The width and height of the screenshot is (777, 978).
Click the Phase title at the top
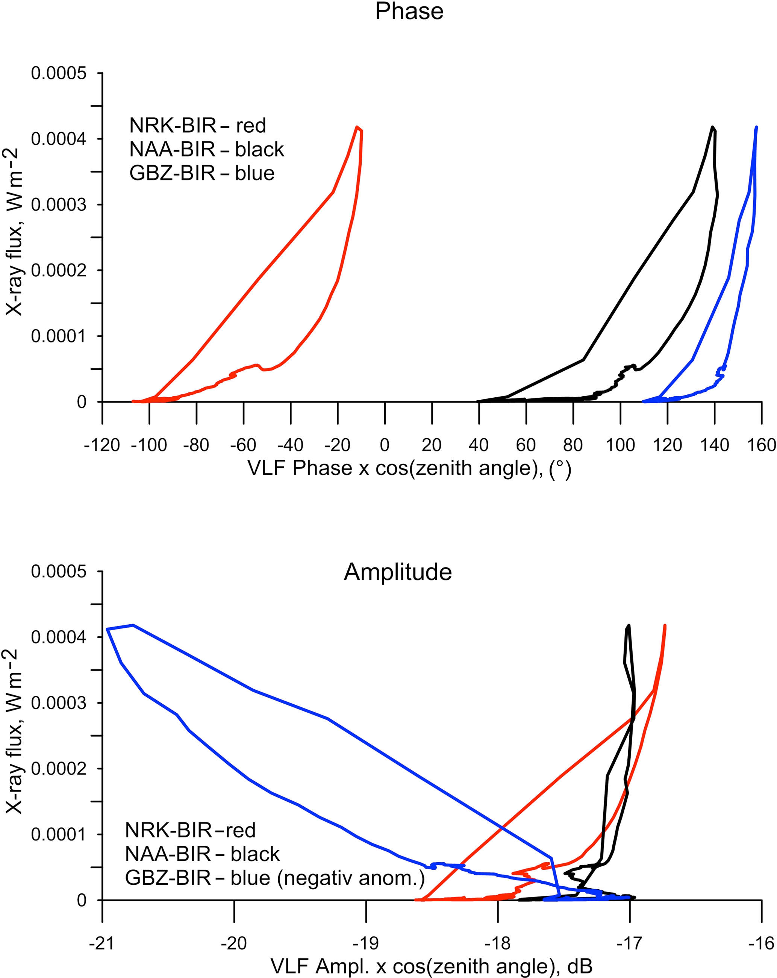(409, 11)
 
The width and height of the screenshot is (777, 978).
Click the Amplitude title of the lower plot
(397, 572)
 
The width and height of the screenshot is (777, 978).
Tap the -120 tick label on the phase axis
(101, 445)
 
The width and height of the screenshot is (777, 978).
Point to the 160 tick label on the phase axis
(762, 445)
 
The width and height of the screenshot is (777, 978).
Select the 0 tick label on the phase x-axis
(385, 445)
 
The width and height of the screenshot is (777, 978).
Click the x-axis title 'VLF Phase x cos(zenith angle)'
(409, 468)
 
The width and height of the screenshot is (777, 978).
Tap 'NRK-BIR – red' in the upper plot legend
(197, 126)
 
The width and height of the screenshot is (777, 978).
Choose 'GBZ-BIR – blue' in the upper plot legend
(202, 173)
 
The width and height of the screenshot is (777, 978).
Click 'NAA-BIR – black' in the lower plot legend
(202, 854)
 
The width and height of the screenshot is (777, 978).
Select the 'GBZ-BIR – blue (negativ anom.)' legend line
(275, 878)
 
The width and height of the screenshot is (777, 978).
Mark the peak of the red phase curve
(357, 127)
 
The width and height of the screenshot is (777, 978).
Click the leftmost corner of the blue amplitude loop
(107, 629)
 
